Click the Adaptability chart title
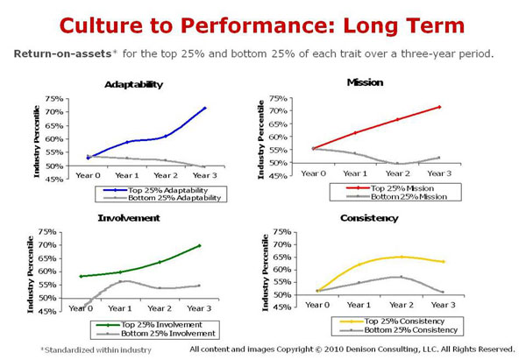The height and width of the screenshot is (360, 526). tap(133, 85)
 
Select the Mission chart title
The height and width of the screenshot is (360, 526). tap(366, 82)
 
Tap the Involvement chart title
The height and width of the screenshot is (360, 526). tap(128, 217)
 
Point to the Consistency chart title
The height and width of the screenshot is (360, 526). tap(369, 217)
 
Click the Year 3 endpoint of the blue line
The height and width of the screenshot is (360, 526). tap(205, 109)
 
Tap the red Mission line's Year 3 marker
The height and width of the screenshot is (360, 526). tap(439, 107)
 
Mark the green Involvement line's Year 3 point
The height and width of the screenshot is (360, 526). tap(199, 245)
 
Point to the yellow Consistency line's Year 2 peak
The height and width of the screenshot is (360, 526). tap(401, 257)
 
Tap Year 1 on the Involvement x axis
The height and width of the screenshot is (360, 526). tap(121, 308)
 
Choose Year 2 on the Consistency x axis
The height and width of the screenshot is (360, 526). tap(401, 305)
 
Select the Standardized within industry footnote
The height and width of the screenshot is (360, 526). tap(83, 349)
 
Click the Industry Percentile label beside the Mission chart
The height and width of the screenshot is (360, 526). tap(261, 138)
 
